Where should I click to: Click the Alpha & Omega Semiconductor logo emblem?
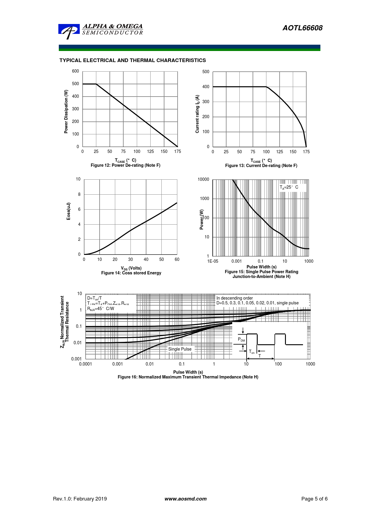click(x=69, y=31)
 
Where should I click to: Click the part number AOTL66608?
click(x=302, y=28)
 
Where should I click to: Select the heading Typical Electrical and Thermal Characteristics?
click(x=133, y=60)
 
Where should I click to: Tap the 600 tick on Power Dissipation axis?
click(x=75, y=71)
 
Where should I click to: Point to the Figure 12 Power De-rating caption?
click(x=125, y=165)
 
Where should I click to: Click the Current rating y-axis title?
click(x=197, y=114)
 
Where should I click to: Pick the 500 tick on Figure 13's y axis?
click(x=206, y=72)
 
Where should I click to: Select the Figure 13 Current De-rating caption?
click(x=261, y=166)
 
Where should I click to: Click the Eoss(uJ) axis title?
click(x=68, y=211)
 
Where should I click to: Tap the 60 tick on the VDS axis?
click(x=177, y=259)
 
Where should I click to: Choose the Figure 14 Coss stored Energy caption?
click(x=131, y=273)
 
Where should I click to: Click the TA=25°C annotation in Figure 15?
click(x=289, y=187)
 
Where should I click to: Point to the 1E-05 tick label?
click(x=213, y=261)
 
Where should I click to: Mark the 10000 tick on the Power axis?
click(x=203, y=179)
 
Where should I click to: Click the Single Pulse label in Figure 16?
click(x=180, y=349)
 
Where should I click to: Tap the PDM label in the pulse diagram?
click(x=241, y=339)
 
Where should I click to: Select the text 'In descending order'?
click(x=235, y=298)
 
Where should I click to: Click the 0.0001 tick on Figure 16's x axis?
click(x=85, y=364)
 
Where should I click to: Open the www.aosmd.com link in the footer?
click(x=185, y=499)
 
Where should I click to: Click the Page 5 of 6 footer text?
click(x=314, y=499)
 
